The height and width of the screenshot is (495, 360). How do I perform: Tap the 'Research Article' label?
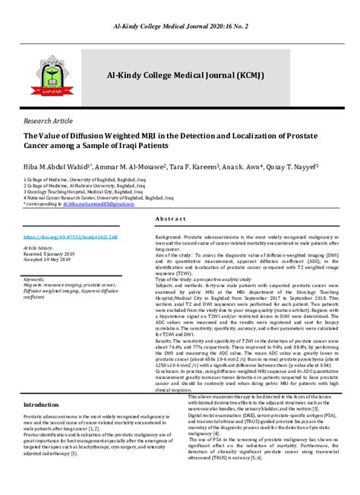[49, 121]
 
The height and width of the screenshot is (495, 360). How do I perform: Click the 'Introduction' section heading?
[46, 404]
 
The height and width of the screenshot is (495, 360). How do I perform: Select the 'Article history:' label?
[44, 247]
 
